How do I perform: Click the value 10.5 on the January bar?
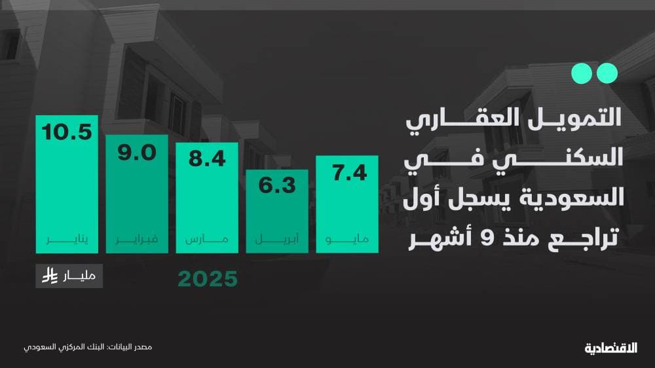[x=66, y=132]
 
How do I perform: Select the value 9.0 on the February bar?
[x=136, y=153]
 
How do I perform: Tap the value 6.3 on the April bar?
[x=276, y=186]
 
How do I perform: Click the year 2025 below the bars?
[x=207, y=280]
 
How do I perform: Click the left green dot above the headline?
[x=580, y=73]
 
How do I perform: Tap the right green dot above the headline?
[x=607, y=73]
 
